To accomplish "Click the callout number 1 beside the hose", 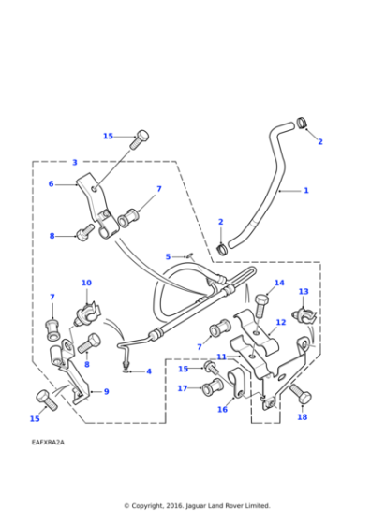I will coord(305,191).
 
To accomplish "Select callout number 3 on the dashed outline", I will coord(75,163).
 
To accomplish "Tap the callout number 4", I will coord(148,371).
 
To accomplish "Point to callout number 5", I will coord(168,256).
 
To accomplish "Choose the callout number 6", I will coord(52,184).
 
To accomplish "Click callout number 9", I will coord(106,391).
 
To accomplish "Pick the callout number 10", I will coord(86,283).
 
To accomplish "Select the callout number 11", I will coord(221,357).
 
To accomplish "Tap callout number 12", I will coord(280,323).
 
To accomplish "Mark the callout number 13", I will coord(304,292).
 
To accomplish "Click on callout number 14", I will coord(279,283).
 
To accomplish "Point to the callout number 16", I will coord(222,409).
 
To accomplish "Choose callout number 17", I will coord(183,387).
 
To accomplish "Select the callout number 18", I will coord(302,417).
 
